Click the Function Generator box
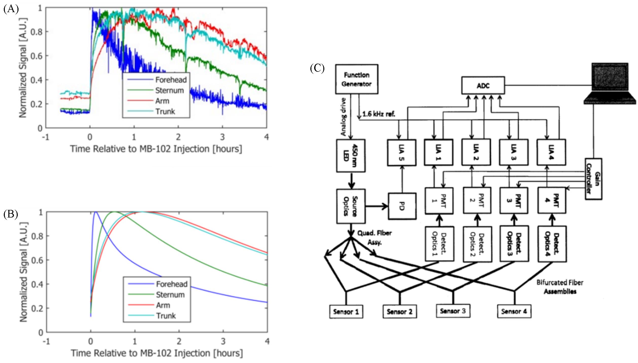pyautogui.click(x=356, y=79)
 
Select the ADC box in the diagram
pyautogui.click(x=483, y=85)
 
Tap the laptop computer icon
pyautogui.click(x=609, y=83)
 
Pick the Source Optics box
pyautogui.click(x=351, y=206)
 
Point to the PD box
pyautogui.click(x=402, y=206)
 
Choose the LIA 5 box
pyautogui.click(x=402, y=153)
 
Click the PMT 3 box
pyautogui.click(x=514, y=201)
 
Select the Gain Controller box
pyautogui.click(x=593, y=179)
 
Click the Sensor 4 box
pyautogui.click(x=514, y=311)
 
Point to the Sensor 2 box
pyautogui.click(x=400, y=312)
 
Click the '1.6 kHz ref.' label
pyautogui.click(x=379, y=114)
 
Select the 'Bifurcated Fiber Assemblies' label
pyautogui.click(x=560, y=287)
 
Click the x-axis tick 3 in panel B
pyautogui.click(x=223, y=341)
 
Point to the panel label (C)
pyautogui.click(x=317, y=68)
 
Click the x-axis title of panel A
pyautogui.click(x=156, y=149)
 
